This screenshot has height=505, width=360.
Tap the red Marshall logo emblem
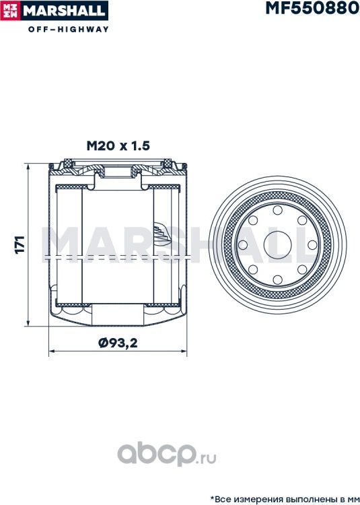coord(10,11)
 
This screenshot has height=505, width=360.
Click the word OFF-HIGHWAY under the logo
coord(69,30)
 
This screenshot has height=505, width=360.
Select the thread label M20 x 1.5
coord(118,146)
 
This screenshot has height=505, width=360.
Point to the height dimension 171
coord(20,245)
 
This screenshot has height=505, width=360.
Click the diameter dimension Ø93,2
coord(118,343)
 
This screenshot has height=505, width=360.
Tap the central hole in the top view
coord(278,245)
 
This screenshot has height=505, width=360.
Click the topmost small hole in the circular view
coord(277,210)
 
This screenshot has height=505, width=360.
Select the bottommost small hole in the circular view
coord(277,279)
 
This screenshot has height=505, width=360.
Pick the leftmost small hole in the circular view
coord(243,245)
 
